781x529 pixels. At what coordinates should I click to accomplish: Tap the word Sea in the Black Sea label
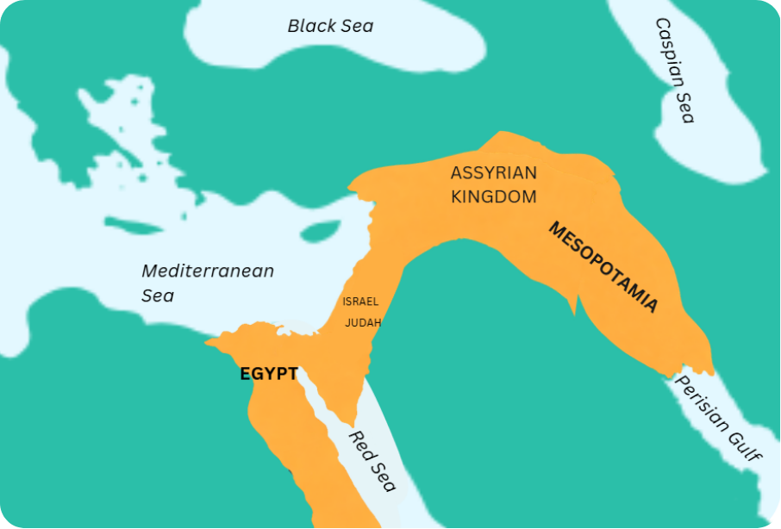click(355, 26)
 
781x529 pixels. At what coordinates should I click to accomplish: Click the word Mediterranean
click(208, 271)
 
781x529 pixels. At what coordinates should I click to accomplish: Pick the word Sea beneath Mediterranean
click(158, 296)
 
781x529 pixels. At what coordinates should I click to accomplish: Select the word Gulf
click(743, 443)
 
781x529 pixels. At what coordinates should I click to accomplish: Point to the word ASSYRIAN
click(493, 173)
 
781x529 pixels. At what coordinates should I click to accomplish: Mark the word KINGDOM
click(493, 197)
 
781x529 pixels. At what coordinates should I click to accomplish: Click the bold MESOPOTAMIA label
click(603, 267)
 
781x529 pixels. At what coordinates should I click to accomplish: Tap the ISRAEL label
click(360, 302)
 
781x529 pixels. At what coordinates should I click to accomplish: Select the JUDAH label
click(363, 323)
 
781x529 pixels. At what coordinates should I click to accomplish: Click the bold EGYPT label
click(269, 375)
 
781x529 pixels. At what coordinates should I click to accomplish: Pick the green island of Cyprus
click(320, 231)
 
